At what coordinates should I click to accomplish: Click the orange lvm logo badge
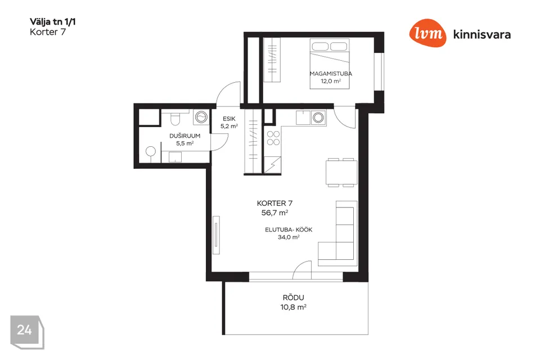[427, 33]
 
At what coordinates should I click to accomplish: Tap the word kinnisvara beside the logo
[482, 34]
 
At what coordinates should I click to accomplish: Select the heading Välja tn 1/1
[53, 22]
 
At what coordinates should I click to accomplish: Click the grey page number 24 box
[27, 332]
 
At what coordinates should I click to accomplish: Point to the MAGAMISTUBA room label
[331, 73]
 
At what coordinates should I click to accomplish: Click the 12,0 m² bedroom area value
[331, 82]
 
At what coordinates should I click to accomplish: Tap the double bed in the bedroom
[330, 64]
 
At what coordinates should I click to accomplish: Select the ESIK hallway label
[229, 119]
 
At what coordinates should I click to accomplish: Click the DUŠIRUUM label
[184, 136]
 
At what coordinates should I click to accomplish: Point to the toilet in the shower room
[175, 118]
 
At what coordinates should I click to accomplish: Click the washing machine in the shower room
[201, 117]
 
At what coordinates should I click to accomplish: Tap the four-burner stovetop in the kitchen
[273, 138]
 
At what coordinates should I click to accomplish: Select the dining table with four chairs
[341, 173]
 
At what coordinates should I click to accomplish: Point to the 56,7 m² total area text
[274, 213]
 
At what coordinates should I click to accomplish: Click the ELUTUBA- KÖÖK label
[289, 229]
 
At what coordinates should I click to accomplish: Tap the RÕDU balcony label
[294, 298]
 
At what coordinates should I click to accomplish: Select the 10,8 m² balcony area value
[294, 307]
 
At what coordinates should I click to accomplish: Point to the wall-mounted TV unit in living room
[216, 235]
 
